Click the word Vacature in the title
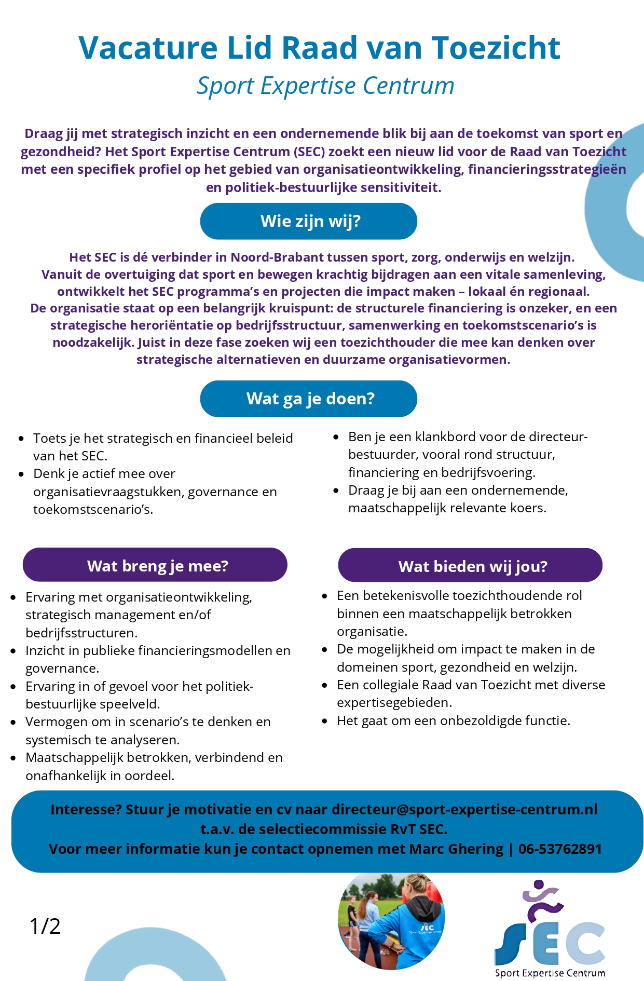tap(148, 48)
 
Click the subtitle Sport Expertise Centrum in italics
tap(325, 86)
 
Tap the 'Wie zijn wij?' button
tap(309, 221)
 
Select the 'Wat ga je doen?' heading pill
tap(309, 399)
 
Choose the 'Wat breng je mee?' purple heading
tap(155, 565)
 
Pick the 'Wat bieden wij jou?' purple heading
tap(470, 566)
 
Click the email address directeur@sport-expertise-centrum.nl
tap(464, 809)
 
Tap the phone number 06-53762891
tap(560, 849)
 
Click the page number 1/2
tap(45, 926)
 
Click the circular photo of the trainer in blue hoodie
tap(391, 921)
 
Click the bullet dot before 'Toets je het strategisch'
tap(21, 439)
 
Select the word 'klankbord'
tap(446, 437)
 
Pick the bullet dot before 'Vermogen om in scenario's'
tap(13, 723)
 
